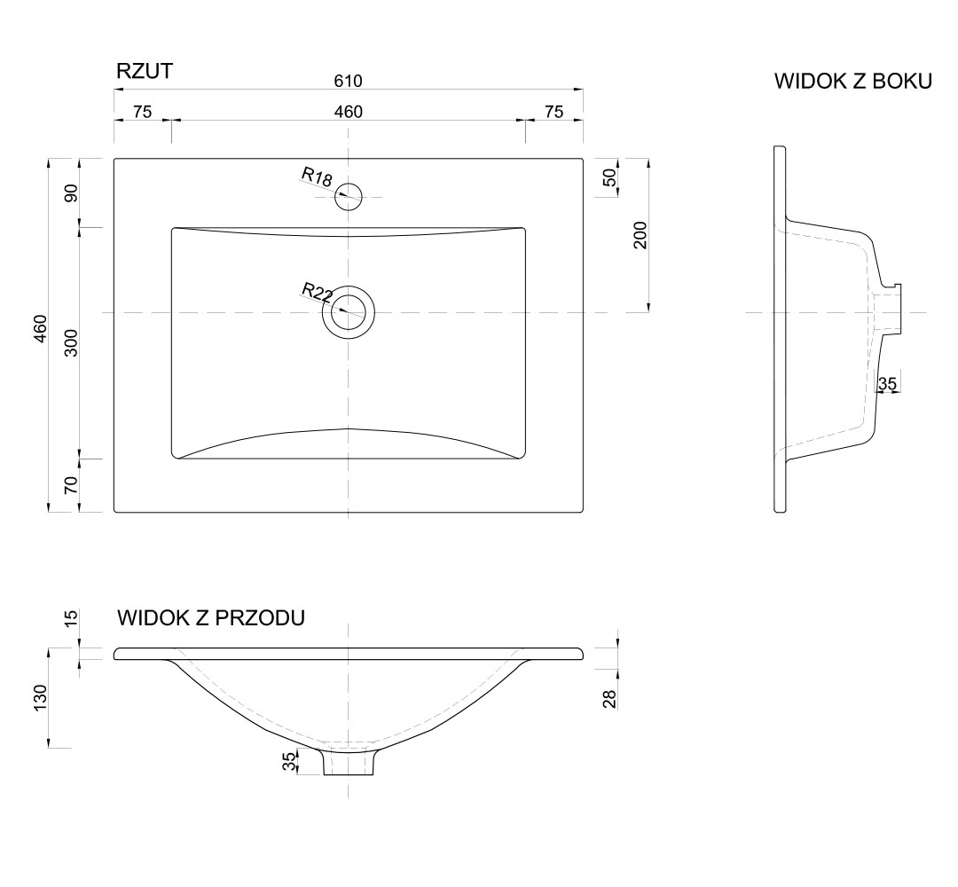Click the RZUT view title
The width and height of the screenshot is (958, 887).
pyautogui.click(x=144, y=72)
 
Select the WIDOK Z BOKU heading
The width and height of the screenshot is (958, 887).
pyautogui.click(x=852, y=82)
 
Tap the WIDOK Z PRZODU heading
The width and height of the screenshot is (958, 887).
pyautogui.click(x=211, y=617)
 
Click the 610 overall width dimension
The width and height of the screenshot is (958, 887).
pyautogui.click(x=348, y=81)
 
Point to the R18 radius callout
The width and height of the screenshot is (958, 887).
pyautogui.click(x=317, y=177)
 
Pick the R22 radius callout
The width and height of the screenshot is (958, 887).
pyautogui.click(x=317, y=292)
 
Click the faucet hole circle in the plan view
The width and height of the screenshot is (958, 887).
pyautogui.click(x=349, y=196)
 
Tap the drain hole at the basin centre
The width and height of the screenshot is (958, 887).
pyautogui.click(x=349, y=312)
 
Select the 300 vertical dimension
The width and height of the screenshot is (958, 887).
pyautogui.click(x=72, y=342)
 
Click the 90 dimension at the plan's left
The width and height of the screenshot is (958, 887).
pyautogui.click(x=72, y=192)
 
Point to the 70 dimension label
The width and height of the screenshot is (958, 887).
pyautogui.click(x=72, y=484)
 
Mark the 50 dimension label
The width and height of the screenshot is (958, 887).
pyautogui.click(x=609, y=177)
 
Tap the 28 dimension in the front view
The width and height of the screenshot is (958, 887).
pyautogui.click(x=609, y=697)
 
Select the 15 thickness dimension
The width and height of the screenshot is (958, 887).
pyautogui.click(x=72, y=617)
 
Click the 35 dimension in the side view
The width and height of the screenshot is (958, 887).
pyautogui.click(x=887, y=383)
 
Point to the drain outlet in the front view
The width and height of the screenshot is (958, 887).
pyautogui.click(x=349, y=762)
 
